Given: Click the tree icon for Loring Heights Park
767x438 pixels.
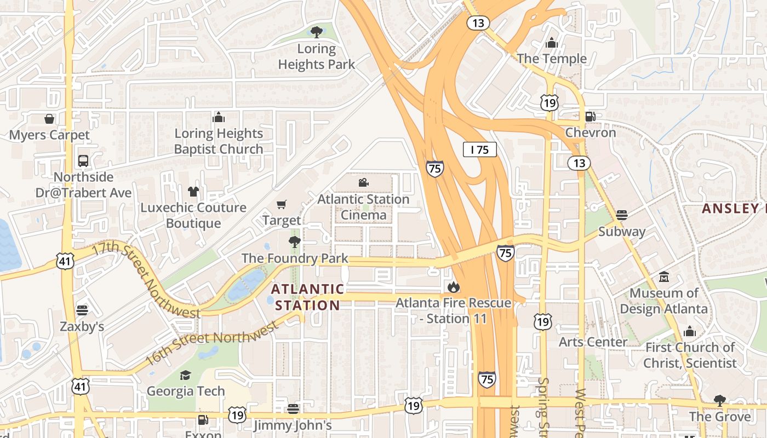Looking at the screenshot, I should tap(316, 32).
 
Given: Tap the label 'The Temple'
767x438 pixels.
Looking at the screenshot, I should tap(551, 58).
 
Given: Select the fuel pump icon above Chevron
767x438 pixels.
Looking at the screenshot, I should tap(590, 116).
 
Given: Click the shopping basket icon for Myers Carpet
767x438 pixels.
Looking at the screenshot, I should tap(49, 119).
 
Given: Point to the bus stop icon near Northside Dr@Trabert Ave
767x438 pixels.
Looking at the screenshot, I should tap(83, 161).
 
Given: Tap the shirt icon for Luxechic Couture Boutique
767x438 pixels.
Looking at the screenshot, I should tap(193, 192).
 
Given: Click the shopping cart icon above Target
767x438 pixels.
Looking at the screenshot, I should tap(282, 205).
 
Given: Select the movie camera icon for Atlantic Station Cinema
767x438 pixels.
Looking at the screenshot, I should tap(363, 183).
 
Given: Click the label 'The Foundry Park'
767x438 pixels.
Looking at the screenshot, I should tap(295, 258).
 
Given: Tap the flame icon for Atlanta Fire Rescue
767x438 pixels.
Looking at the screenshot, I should tap(453, 286).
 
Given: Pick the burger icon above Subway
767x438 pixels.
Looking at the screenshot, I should tap(621, 215).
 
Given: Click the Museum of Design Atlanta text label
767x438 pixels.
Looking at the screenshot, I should tap(663, 301).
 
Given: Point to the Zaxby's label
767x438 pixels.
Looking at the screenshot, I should tap(82, 326).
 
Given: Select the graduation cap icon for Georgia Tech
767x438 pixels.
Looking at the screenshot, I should tap(186, 375).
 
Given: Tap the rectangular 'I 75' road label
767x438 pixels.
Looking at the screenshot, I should tap(479, 149).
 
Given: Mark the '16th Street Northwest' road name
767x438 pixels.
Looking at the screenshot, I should tap(212, 343).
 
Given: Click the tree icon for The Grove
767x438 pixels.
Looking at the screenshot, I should tap(719, 400).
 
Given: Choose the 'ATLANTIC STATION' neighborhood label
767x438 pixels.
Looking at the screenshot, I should tap(308, 297).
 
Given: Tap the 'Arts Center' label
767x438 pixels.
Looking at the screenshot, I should tap(593, 342).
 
